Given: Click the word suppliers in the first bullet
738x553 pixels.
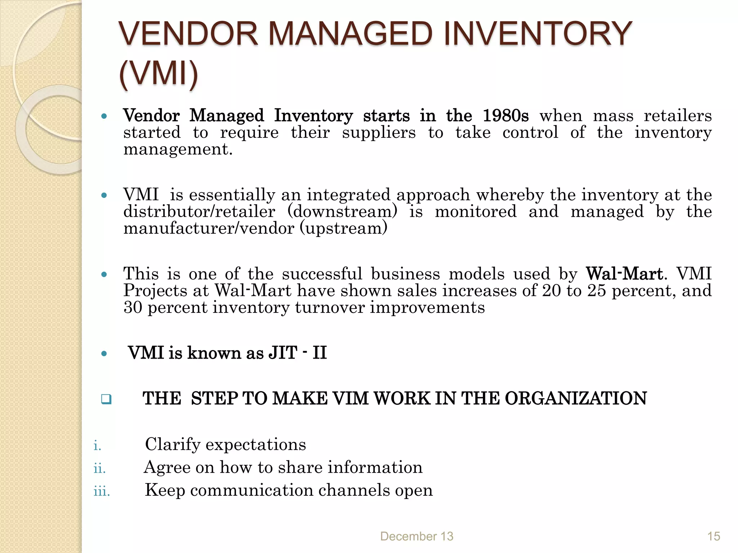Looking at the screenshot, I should (379, 133).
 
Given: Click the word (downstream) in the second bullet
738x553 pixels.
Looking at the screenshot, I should (342, 212).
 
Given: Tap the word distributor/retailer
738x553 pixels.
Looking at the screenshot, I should (199, 212).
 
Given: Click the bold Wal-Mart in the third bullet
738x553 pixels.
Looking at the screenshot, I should (624, 274).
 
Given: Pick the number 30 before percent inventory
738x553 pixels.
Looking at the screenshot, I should (133, 307).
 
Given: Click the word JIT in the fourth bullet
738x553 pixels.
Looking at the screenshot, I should (283, 353).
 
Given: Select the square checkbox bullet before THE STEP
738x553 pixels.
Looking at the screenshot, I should (106, 399).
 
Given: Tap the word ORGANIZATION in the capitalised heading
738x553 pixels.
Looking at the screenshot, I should (575, 399).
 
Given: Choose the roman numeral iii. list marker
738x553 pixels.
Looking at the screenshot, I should (102, 491).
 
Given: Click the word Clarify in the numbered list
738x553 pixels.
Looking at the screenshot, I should (172, 445).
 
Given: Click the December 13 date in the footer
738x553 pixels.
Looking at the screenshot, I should (417, 536).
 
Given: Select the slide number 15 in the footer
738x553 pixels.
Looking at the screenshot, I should (713, 536).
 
